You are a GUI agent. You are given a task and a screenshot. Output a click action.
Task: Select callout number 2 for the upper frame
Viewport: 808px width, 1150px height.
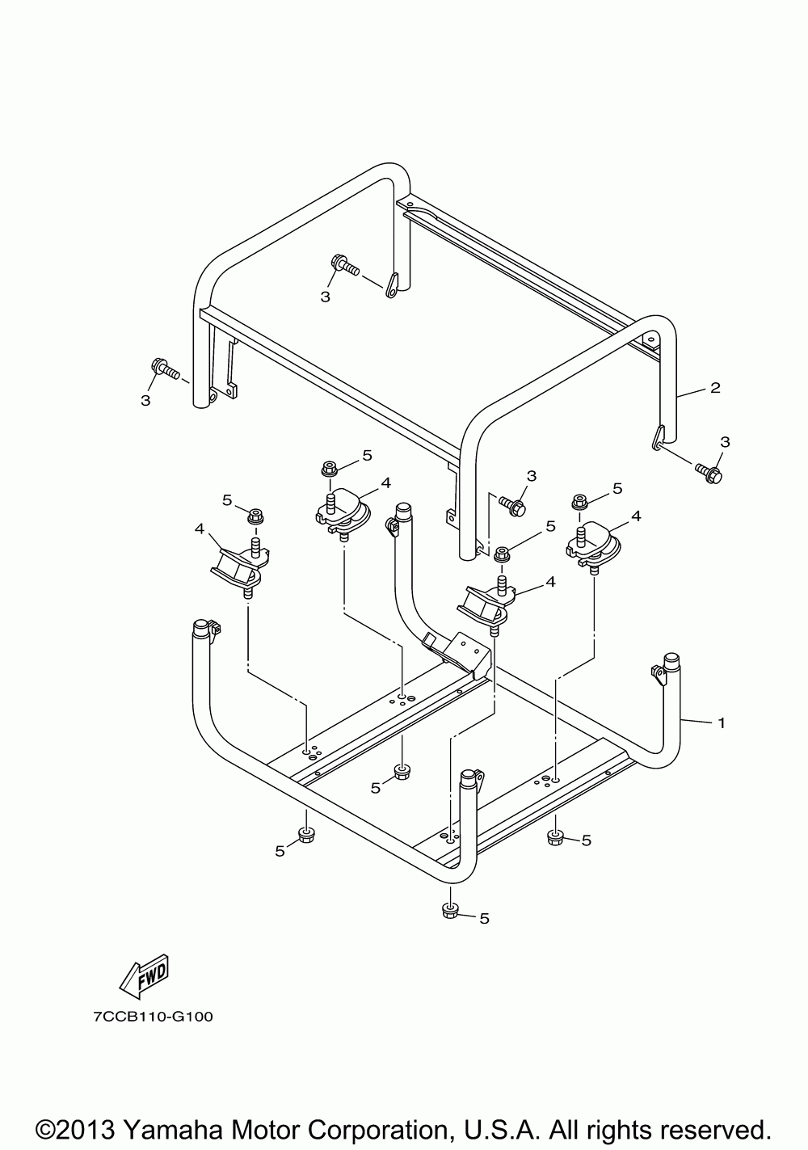click(x=715, y=388)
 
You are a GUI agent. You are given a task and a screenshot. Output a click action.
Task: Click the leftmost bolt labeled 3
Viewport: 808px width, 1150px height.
click(x=163, y=370)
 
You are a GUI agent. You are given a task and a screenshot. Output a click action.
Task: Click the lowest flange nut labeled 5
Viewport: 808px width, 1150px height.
click(x=450, y=912)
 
